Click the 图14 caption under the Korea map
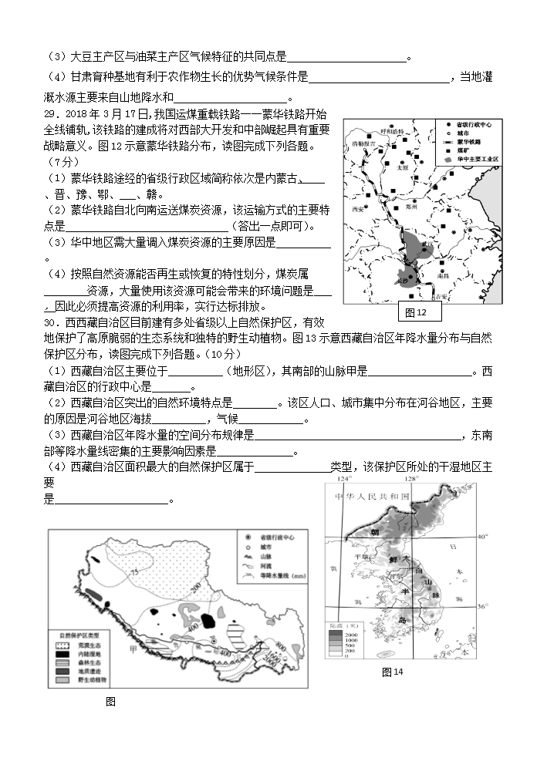(x=393, y=672)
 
